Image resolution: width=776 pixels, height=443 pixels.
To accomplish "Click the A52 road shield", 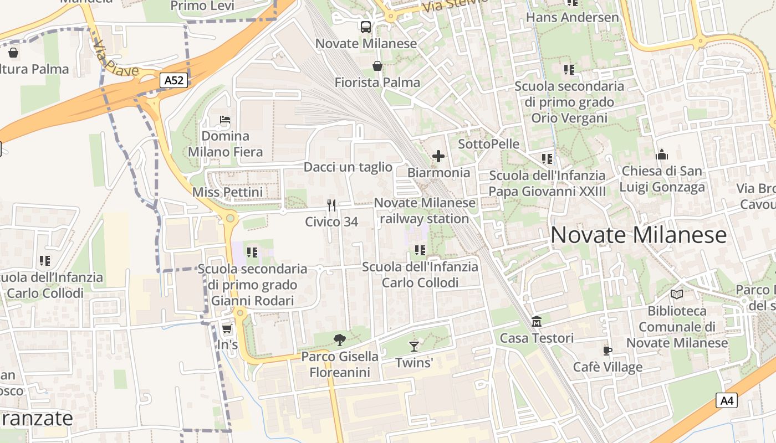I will [174, 80].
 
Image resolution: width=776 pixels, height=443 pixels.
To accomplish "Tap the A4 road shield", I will [726, 400].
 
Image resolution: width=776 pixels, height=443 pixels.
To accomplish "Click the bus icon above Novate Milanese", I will [366, 27].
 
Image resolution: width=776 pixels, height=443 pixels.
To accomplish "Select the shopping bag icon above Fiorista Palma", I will [377, 66].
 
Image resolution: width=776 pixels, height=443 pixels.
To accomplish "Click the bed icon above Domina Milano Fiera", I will [225, 120].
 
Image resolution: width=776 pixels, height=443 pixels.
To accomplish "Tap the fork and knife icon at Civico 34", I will [331, 205].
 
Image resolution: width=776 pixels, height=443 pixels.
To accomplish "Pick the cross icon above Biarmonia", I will [438, 156].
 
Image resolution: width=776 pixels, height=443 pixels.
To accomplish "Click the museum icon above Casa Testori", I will [537, 321].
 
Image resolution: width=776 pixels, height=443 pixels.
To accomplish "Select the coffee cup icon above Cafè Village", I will [607, 351].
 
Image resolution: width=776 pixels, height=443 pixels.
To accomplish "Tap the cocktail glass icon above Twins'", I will [414, 347].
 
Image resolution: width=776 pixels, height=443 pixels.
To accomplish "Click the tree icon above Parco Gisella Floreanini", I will [340, 340].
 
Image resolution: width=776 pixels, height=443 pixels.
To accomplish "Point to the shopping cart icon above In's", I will [227, 329].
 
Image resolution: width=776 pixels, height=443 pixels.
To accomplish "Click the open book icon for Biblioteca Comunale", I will [677, 294].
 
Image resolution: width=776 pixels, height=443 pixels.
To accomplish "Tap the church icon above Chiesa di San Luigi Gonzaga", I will [662, 154].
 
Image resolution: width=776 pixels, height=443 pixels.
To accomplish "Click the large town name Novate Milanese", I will [639, 235].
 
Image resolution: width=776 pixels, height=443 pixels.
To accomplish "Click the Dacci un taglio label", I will [348, 167].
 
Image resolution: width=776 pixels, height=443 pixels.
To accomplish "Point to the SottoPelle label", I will [489, 144].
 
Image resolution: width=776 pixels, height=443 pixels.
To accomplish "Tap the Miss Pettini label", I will [227, 192].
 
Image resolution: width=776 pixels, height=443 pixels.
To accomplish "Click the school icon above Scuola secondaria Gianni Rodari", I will [252, 253].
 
